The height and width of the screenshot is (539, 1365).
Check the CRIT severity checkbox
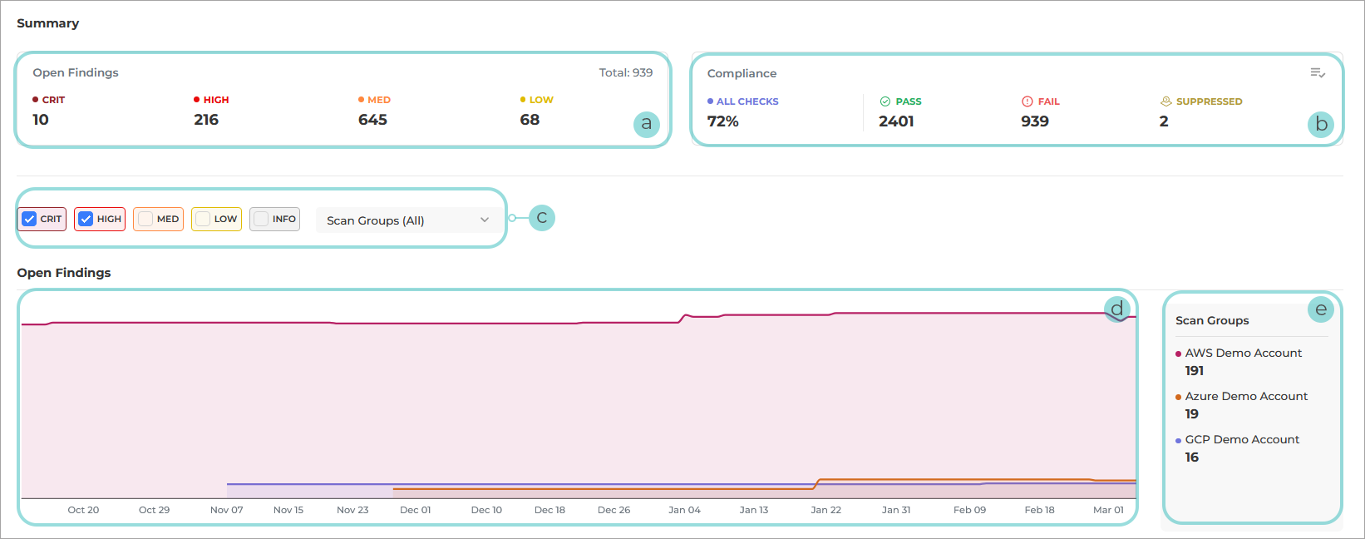29,219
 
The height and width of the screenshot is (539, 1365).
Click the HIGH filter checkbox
86,219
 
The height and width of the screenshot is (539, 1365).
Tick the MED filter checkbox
145,219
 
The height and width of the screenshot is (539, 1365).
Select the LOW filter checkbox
203,219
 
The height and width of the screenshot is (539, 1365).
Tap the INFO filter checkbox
261,219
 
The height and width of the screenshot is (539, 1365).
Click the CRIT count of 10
41,120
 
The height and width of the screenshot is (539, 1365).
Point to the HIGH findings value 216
206,120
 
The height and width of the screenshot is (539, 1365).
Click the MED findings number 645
372,120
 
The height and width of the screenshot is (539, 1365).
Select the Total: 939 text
625,73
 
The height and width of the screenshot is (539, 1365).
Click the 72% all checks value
722,121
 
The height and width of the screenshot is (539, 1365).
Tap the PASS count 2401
896,121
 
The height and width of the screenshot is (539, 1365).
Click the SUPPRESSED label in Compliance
1209,101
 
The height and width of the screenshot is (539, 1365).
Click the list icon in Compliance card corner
1318,73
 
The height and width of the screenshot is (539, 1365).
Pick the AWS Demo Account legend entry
1243,354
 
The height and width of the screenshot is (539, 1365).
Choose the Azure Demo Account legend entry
1245,397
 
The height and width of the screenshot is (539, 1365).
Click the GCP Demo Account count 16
1192,457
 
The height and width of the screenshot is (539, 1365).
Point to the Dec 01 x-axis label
415,510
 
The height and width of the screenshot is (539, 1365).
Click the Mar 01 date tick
1108,510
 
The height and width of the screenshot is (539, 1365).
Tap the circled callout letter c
542,218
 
